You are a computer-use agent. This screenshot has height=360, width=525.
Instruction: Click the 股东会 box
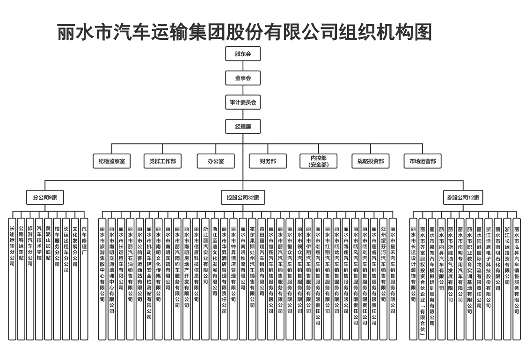coord(243,54)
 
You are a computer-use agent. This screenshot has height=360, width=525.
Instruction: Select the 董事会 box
coord(243,78)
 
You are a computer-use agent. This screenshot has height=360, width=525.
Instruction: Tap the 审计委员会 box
coord(243,102)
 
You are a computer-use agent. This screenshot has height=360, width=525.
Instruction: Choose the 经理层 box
coord(243,126)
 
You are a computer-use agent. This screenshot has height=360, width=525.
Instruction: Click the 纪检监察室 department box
coord(111,161)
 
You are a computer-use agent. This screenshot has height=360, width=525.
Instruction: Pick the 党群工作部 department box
coord(163,161)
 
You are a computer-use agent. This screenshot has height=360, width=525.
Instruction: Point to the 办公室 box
coord(216,161)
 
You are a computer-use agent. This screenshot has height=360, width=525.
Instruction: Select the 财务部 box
coord(268,161)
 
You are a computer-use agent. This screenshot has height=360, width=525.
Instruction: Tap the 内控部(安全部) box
coord(319,161)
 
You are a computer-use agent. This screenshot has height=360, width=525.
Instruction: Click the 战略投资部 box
coord(371,161)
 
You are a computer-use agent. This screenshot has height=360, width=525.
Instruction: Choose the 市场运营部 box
coord(423,161)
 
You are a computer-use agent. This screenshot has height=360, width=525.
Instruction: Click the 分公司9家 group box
coord(45,198)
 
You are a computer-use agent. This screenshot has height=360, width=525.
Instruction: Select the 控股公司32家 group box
coord(243,198)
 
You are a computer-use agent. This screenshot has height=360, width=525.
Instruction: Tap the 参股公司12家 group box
coord(463,198)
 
